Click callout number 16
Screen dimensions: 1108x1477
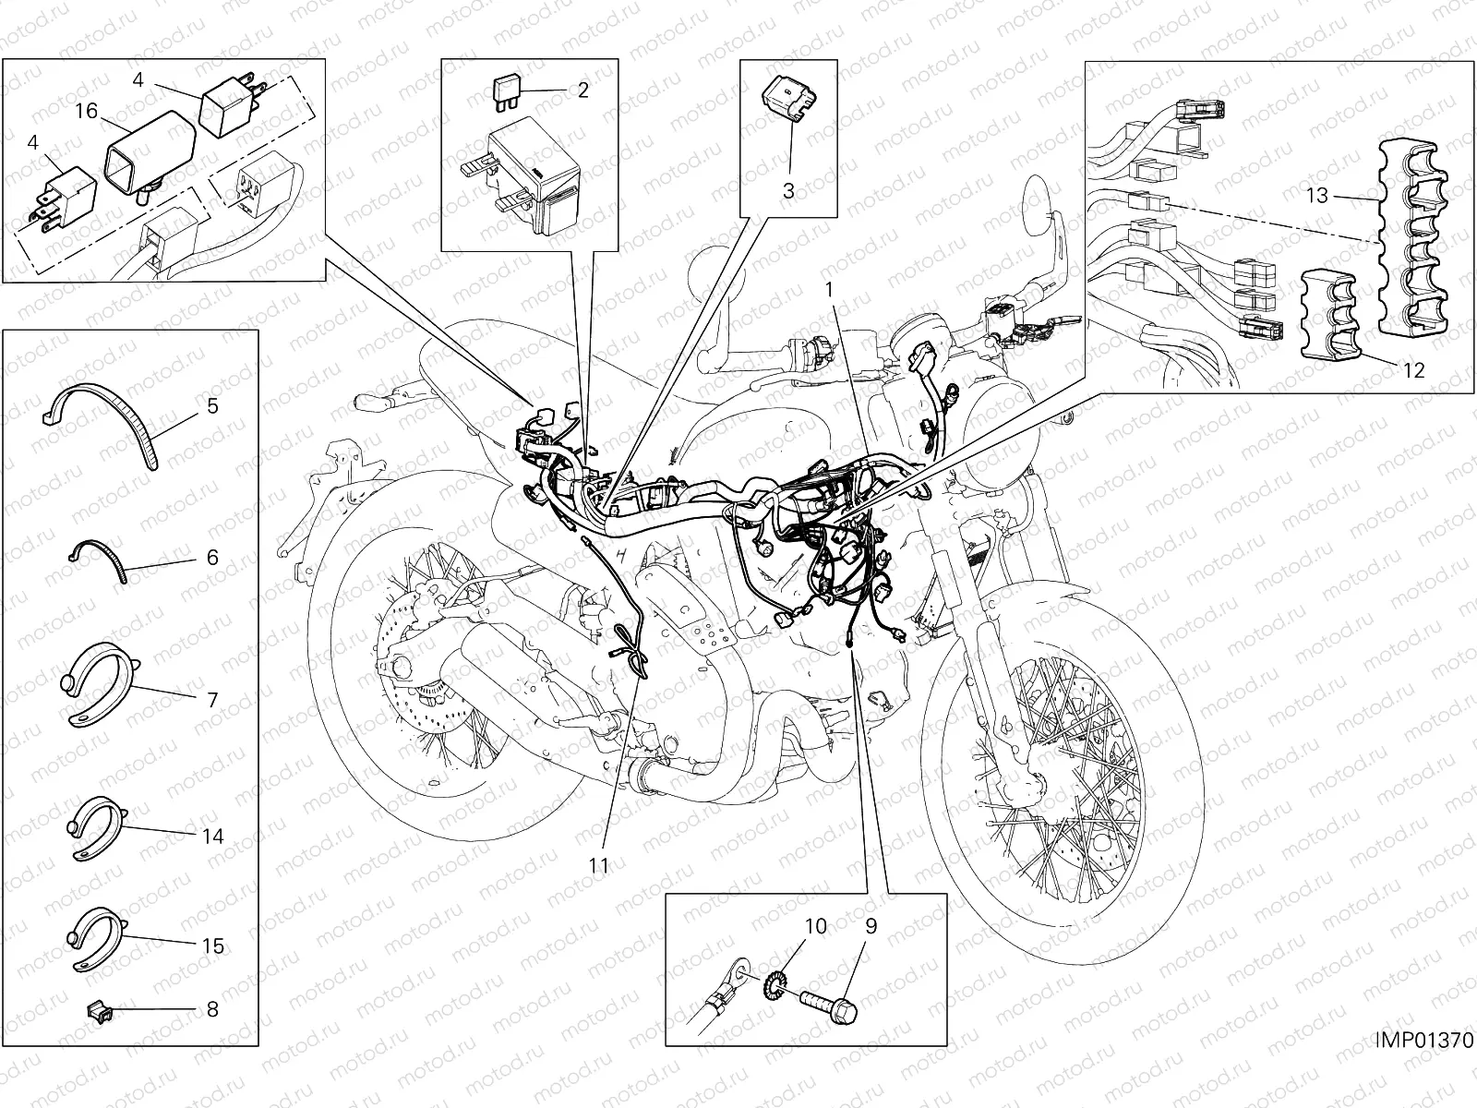[x=86, y=112]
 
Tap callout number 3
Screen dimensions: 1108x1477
[x=787, y=191]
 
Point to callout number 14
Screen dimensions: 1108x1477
[x=212, y=837]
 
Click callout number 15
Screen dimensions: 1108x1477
[x=212, y=946]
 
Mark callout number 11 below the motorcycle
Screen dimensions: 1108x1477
[x=600, y=865]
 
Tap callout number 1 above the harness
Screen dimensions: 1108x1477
[x=829, y=289]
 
